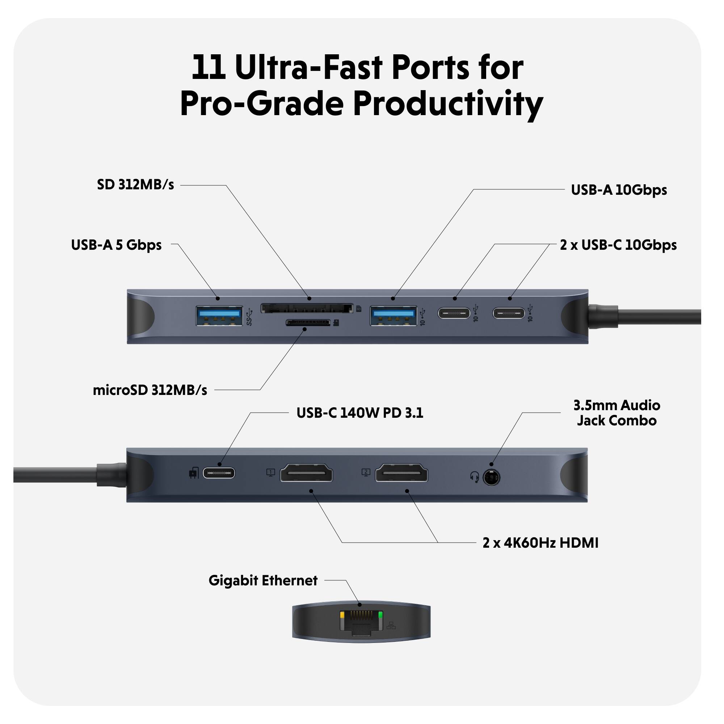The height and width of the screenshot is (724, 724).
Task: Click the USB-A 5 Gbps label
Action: [x=116, y=245]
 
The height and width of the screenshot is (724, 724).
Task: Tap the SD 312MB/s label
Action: [x=135, y=185]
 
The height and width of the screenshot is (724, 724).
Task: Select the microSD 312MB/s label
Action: [x=150, y=391]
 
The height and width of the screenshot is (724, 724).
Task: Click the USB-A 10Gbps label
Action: [x=619, y=190]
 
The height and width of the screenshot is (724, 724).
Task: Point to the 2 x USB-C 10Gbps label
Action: [x=618, y=245]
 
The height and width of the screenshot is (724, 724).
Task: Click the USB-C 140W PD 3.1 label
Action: [x=359, y=413]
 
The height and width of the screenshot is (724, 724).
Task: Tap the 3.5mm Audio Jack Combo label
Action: [x=616, y=413]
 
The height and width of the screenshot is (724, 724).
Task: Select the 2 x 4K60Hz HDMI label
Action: [x=540, y=543]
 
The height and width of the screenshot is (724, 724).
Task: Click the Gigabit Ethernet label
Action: [x=263, y=581]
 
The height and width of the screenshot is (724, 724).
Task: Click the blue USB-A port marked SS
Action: [x=219, y=316]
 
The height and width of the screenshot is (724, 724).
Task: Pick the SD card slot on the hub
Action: [x=307, y=309]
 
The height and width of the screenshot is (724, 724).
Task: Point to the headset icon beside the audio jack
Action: [x=475, y=477]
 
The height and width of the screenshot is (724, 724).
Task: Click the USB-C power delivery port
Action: [x=219, y=473]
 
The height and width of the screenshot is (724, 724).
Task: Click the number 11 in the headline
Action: [x=209, y=67]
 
